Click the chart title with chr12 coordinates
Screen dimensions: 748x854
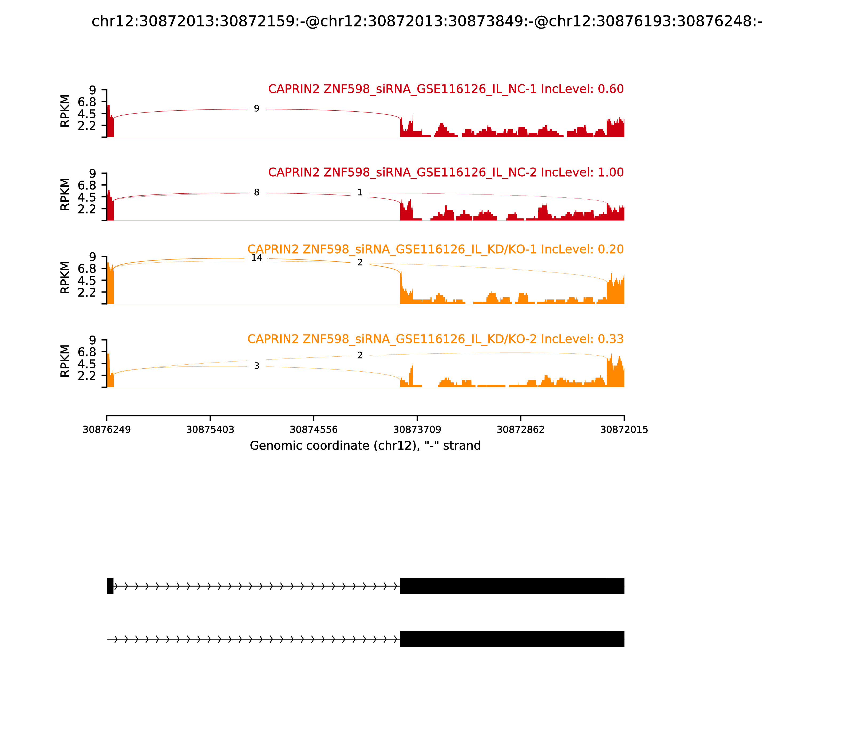tap(426, 21)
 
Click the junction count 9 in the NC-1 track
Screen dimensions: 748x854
tap(256, 108)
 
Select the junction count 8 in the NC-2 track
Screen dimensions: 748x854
tap(256, 192)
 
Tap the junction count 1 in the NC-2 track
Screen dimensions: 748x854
tap(360, 192)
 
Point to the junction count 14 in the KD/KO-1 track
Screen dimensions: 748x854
tap(256, 258)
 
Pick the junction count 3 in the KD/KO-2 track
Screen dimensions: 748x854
tap(256, 366)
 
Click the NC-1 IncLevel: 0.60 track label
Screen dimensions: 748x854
tap(446, 89)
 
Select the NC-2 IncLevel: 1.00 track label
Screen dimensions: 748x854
tap(446, 172)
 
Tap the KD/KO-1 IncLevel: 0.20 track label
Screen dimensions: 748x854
tap(435, 249)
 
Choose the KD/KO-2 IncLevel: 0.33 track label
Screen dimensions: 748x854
tap(435, 339)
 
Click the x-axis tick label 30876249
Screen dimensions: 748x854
tap(107, 430)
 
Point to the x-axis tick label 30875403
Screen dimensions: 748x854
tap(210, 430)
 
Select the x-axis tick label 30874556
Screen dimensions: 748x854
tap(314, 430)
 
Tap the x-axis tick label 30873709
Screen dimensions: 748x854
tap(417, 430)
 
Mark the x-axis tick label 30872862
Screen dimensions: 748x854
tap(520, 430)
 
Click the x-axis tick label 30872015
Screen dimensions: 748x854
tap(624, 430)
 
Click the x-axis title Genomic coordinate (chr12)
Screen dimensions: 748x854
tap(365, 446)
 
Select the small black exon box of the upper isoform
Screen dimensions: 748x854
tap(110, 586)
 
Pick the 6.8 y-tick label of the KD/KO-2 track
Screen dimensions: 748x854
tap(87, 352)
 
